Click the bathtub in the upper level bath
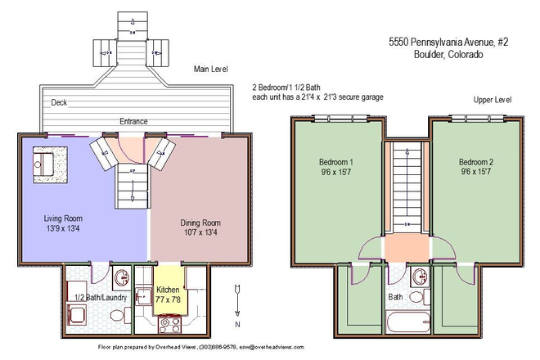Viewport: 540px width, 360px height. (407, 325)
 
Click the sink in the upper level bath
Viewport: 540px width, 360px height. (419, 276)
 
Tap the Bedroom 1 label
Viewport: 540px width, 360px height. (336, 166)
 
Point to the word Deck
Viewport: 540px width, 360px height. (59, 102)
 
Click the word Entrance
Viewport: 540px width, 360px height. (133, 121)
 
